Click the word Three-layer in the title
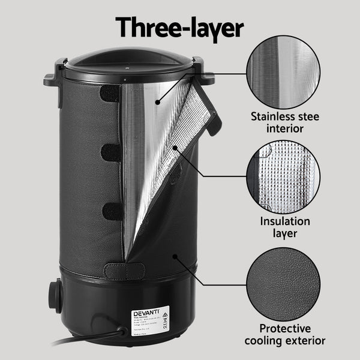click(x=179, y=26)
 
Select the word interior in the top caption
click(x=285, y=128)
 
